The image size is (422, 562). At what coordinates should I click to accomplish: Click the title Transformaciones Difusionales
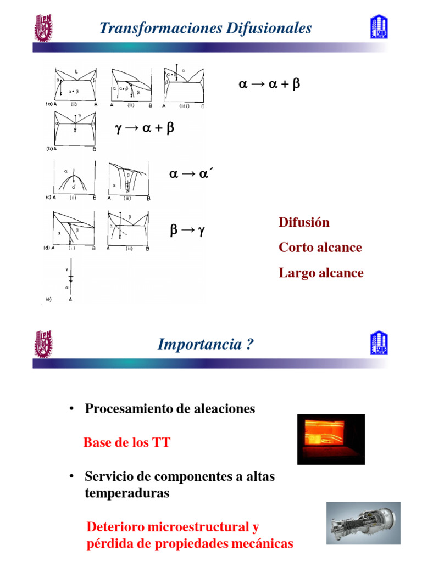point(206,28)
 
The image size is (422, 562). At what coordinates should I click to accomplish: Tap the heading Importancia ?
point(206,344)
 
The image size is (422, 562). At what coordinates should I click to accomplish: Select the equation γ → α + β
point(145,128)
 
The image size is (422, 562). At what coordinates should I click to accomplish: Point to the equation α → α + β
point(269,85)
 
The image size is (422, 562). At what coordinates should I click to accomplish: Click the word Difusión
point(304,222)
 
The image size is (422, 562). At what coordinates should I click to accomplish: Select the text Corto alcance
point(320,248)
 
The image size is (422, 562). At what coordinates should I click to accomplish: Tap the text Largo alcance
point(321,273)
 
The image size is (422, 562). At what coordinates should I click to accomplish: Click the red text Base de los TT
point(126,442)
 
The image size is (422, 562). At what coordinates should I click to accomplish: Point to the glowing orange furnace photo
point(331,439)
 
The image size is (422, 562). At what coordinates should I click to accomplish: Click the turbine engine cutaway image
point(363,524)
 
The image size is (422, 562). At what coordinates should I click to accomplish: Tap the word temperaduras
point(127,493)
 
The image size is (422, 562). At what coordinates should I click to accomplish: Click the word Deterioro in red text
point(113,527)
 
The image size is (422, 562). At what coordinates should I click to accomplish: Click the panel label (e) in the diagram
point(48,300)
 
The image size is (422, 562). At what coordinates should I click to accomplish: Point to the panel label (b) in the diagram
point(48,149)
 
